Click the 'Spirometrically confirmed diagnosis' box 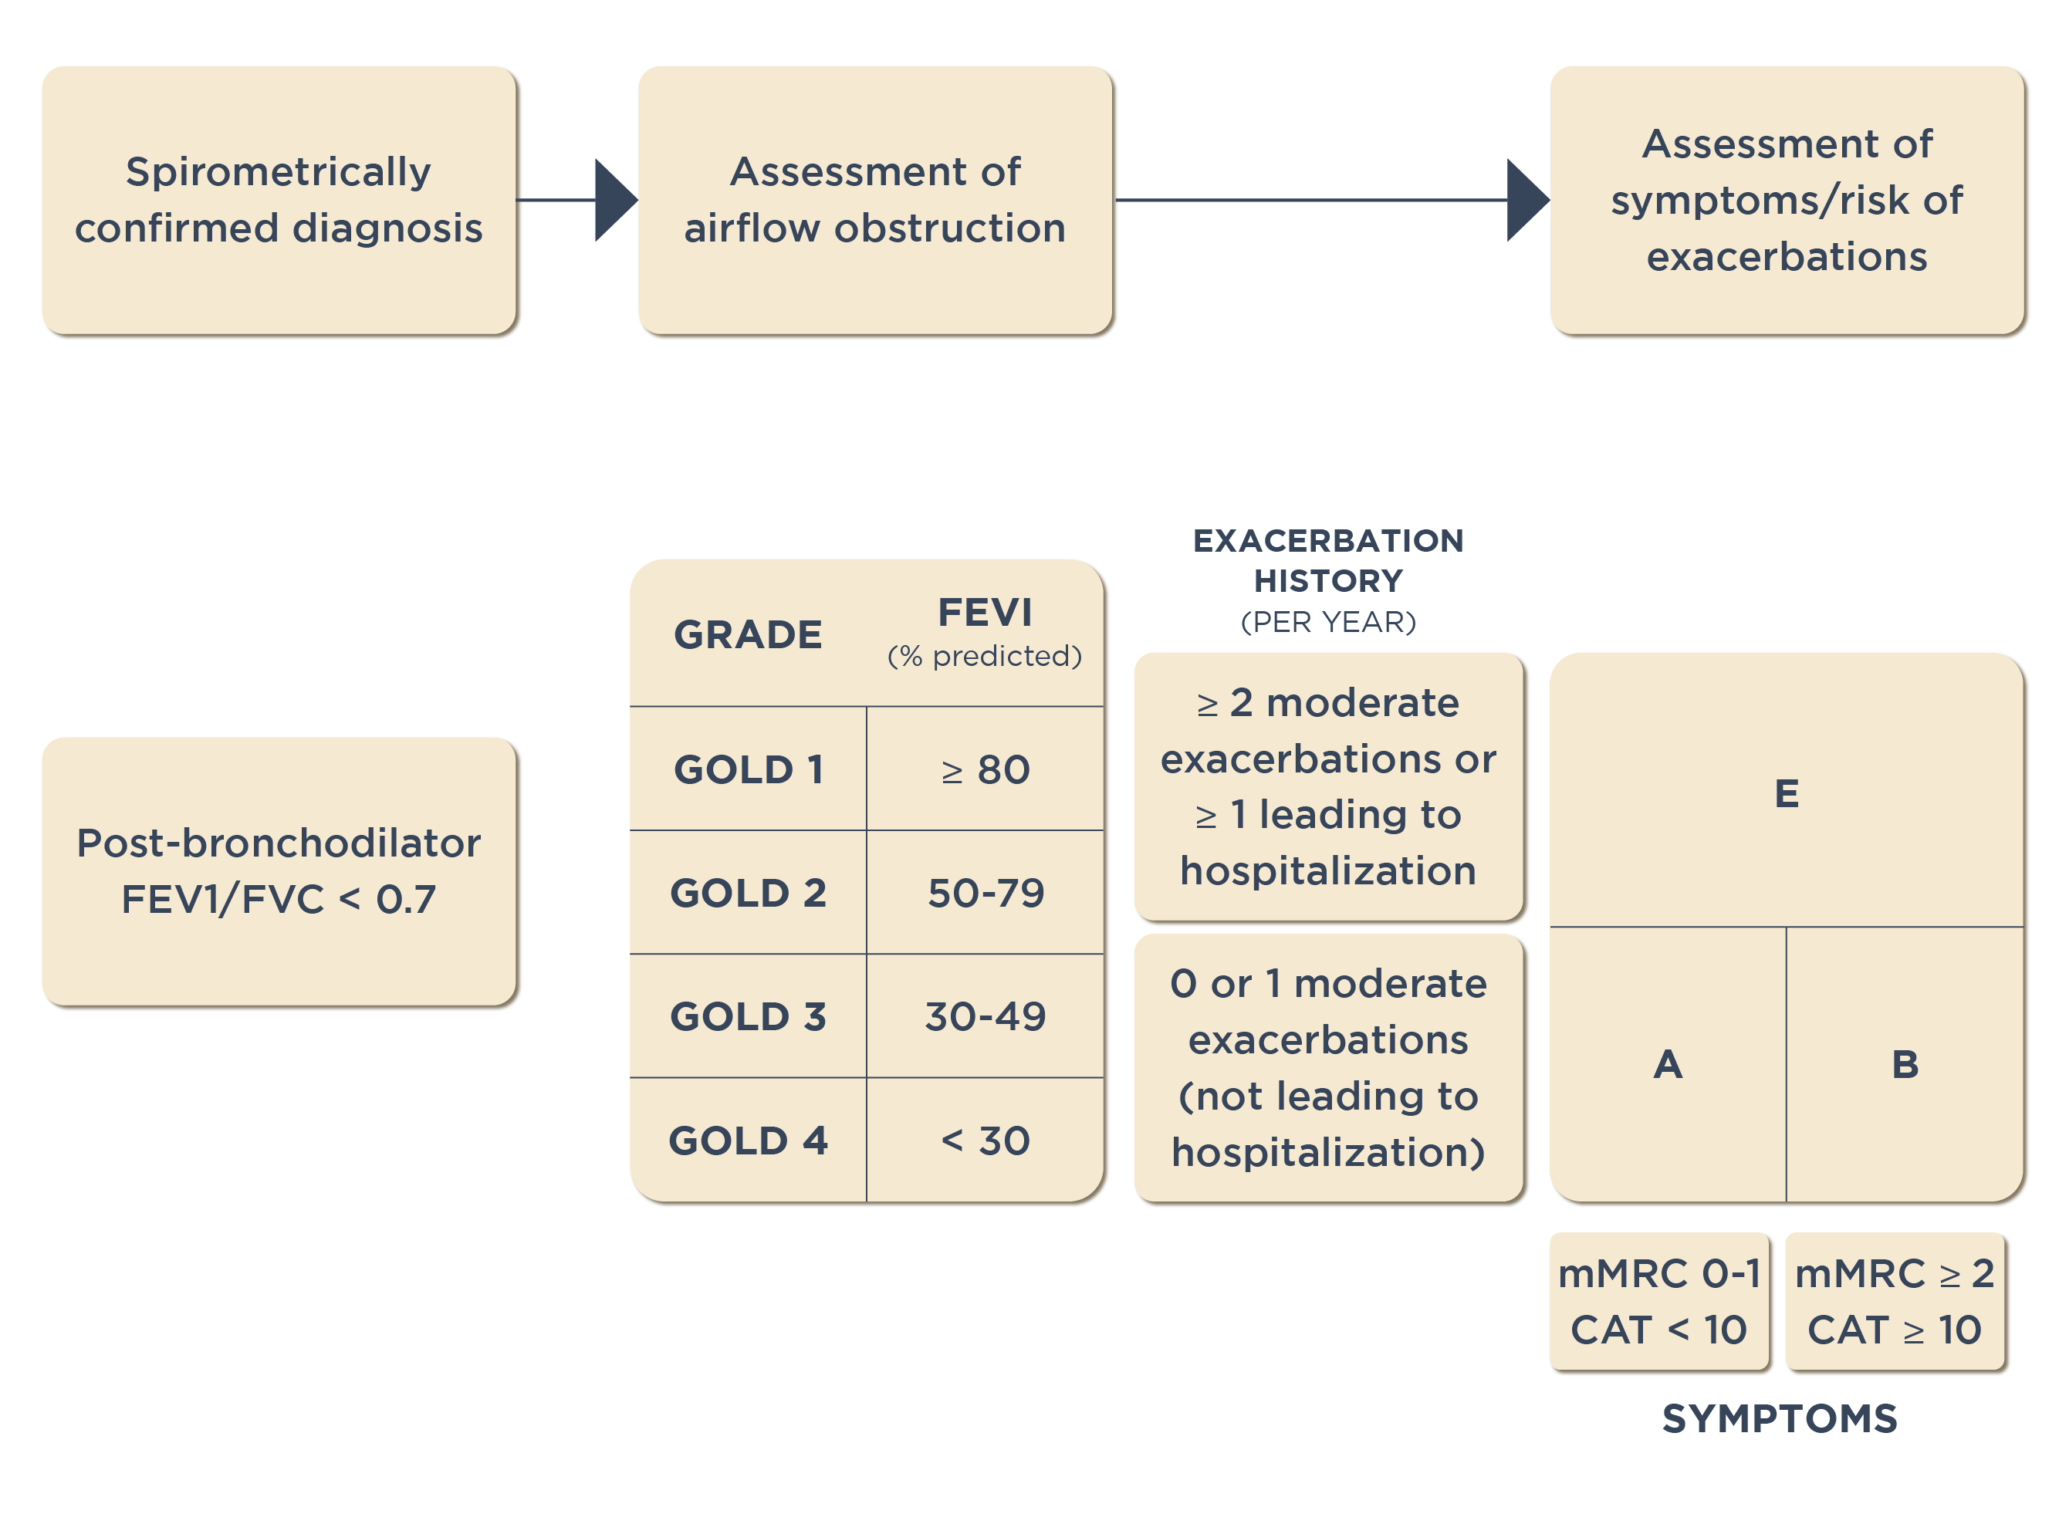pyautogui.click(x=279, y=200)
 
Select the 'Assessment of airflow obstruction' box pyautogui.click(x=875, y=200)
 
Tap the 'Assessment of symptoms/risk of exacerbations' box pyautogui.click(x=1786, y=200)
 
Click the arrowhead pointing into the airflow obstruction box pyautogui.click(x=614, y=200)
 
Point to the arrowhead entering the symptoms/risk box pyautogui.click(x=1526, y=200)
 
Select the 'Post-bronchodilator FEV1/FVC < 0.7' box pyautogui.click(x=279, y=870)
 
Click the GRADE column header pyautogui.click(x=747, y=634)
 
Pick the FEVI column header pyautogui.click(x=984, y=612)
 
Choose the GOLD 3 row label pyautogui.click(x=747, y=1016)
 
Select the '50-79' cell pyautogui.click(x=985, y=893)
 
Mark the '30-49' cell pyautogui.click(x=985, y=1016)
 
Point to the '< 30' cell pyautogui.click(x=985, y=1140)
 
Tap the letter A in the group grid pyautogui.click(x=1668, y=1064)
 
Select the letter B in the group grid pyautogui.click(x=1904, y=1064)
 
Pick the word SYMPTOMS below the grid pyautogui.click(x=1779, y=1418)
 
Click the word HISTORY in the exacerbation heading pyautogui.click(x=1327, y=580)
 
